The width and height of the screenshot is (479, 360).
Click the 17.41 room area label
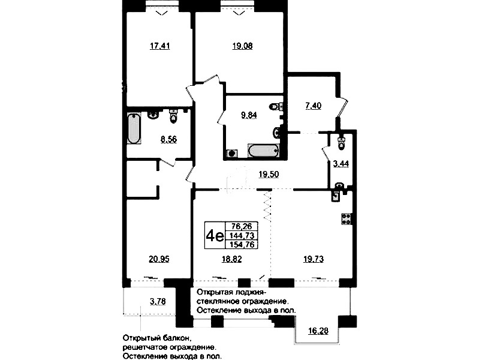point(160,46)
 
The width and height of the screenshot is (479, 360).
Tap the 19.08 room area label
point(242,46)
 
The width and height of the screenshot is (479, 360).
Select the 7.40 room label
point(313,106)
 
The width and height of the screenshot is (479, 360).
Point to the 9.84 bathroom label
point(249,115)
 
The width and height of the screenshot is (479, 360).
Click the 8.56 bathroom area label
point(168,139)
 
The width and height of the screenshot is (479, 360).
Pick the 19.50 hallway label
point(269,175)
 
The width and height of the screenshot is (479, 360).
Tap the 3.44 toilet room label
point(341,164)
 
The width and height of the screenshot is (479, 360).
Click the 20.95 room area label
point(159,259)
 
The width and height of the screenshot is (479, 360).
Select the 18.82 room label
point(231,259)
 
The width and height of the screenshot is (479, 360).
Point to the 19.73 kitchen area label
point(314,259)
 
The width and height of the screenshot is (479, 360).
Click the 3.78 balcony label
point(158,302)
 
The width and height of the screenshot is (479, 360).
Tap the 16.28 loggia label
point(318,331)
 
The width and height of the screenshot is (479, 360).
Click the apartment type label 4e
point(215,236)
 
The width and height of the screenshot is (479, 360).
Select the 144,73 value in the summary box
point(242,235)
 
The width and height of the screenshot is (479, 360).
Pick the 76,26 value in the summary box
point(242,226)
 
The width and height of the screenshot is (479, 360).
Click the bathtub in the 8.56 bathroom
point(134,128)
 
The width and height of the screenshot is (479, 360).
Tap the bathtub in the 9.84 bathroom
point(263,151)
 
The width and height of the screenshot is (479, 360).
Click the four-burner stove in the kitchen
point(347,218)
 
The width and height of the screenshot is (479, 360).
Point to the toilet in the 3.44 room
point(341,142)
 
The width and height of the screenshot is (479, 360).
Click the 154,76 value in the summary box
point(242,244)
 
